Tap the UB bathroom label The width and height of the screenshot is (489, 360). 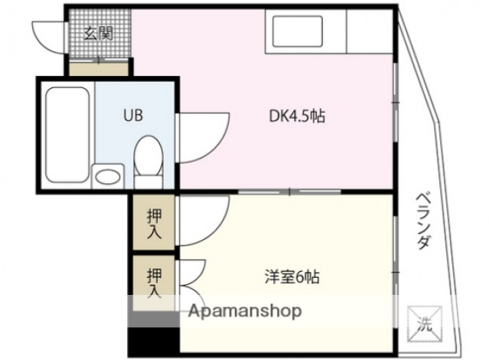(133, 116)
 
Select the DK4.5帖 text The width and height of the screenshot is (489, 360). (296, 116)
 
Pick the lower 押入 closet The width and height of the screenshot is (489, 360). (154, 280)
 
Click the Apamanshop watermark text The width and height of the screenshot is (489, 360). (245, 311)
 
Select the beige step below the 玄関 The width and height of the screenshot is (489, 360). (99, 69)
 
